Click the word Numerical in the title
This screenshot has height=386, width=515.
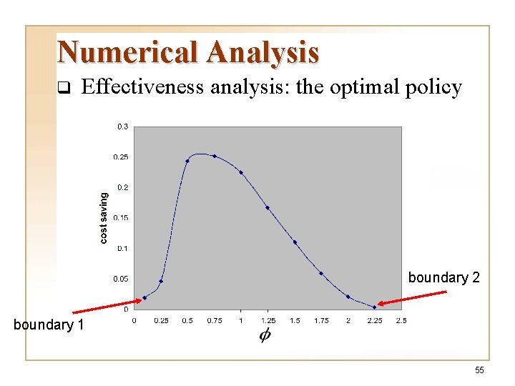129,52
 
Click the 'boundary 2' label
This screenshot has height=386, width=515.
443,277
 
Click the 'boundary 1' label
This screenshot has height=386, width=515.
49,325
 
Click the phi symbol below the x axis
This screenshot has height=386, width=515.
265,335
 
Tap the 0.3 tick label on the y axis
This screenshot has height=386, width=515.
123,127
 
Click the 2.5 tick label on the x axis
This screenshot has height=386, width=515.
401,321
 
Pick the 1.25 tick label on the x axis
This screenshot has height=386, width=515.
268,321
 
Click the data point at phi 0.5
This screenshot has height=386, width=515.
187,161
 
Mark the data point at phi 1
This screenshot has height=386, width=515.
241,172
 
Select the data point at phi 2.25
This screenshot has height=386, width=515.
374,307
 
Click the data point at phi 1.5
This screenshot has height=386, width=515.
295,242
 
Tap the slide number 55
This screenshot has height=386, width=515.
479,370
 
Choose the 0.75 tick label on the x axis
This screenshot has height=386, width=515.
214,321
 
